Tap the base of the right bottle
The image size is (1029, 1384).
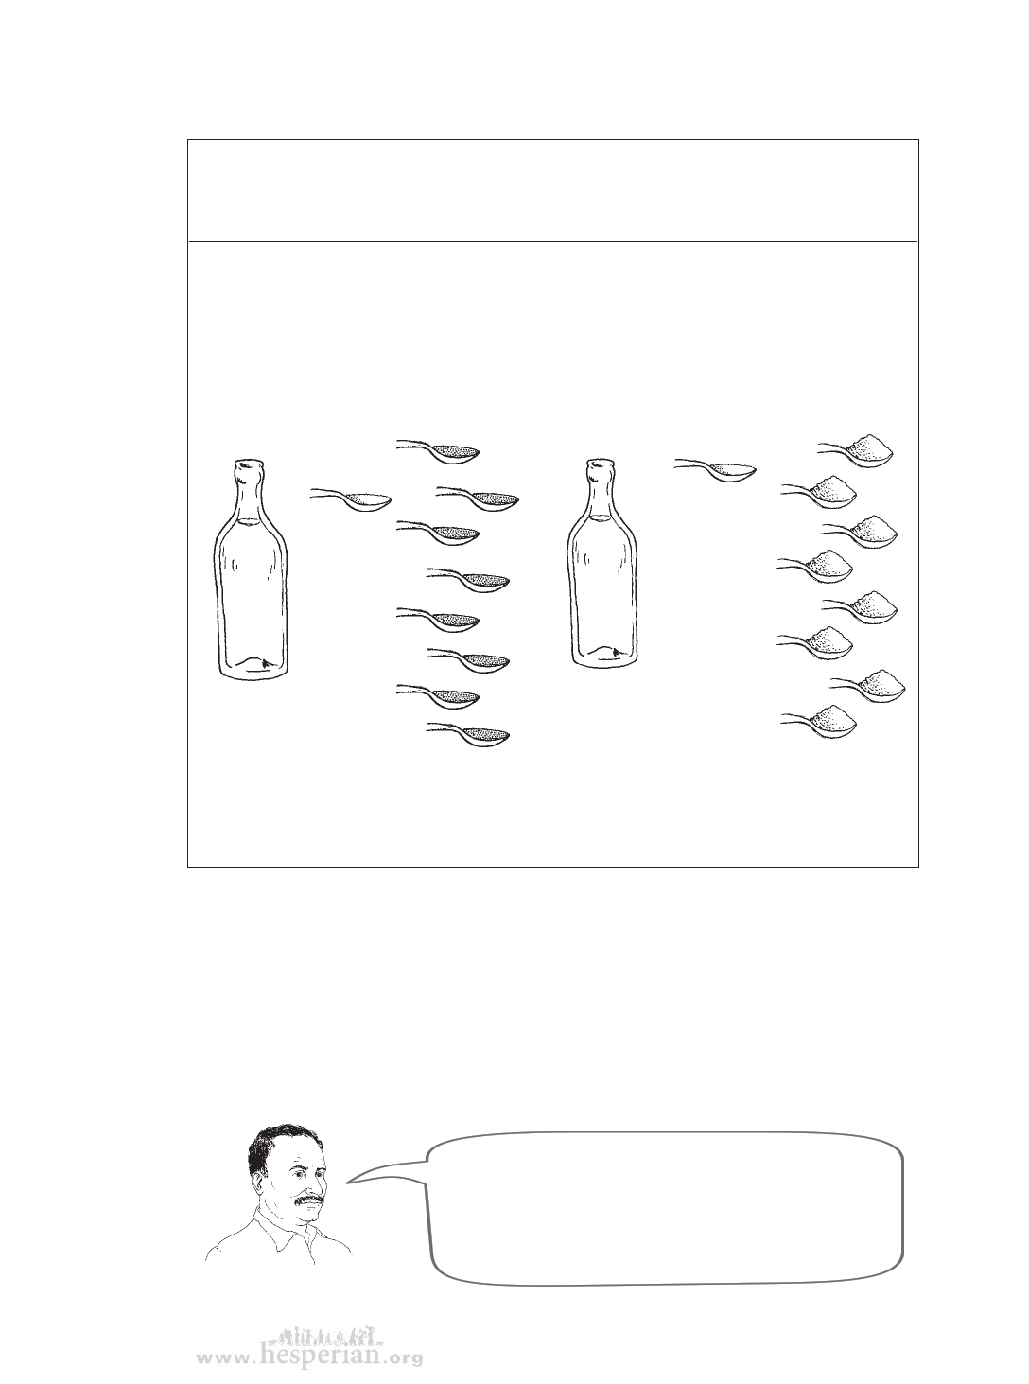(x=603, y=657)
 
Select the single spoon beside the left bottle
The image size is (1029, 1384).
(x=351, y=500)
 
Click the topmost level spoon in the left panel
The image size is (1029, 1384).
(x=438, y=451)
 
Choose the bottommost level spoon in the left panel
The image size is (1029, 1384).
(x=468, y=734)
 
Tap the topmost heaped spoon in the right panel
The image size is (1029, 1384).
(x=856, y=449)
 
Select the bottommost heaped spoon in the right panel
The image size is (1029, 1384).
(x=819, y=722)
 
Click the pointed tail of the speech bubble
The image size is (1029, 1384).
(x=348, y=1182)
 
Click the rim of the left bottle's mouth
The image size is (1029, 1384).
(x=249, y=464)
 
